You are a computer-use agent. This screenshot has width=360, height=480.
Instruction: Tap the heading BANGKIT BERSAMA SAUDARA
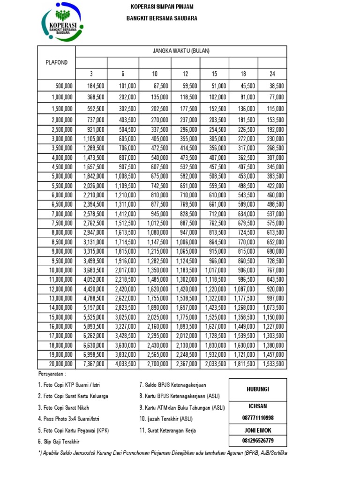tap(161, 18)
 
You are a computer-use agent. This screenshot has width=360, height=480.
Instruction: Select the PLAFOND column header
tap(56, 62)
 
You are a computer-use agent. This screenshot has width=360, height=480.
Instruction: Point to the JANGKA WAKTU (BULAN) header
tap(180, 51)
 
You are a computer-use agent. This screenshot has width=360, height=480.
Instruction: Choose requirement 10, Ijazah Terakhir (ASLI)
tap(165, 419)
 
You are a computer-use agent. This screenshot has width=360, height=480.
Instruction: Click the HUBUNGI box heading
tap(258, 390)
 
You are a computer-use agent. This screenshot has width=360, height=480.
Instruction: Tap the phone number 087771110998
tap(258, 418)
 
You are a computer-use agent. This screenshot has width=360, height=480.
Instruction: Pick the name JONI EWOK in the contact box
tap(258, 430)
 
